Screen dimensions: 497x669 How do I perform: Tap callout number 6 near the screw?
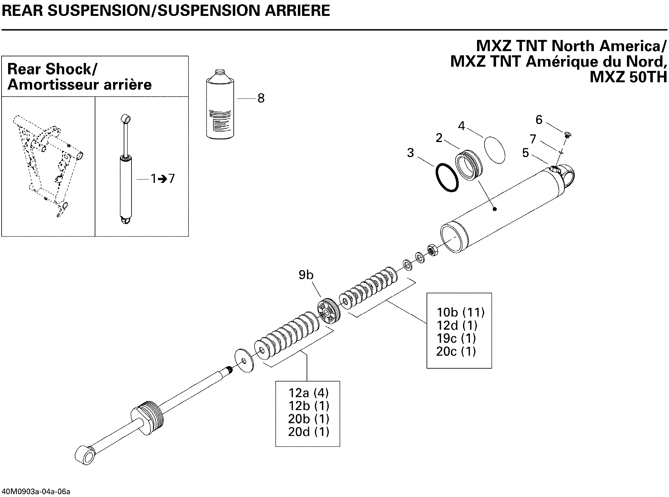point(539,120)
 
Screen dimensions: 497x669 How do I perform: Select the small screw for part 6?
point(567,135)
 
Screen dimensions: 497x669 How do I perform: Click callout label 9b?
point(306,275)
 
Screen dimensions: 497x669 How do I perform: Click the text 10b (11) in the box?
point(460,312)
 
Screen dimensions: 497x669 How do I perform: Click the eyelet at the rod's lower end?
point(85,455)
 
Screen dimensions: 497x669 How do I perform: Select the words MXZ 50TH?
point(628,77)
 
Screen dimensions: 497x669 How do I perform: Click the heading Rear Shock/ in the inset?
point(52,69)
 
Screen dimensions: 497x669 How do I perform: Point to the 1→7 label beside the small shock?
point(163,179)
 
